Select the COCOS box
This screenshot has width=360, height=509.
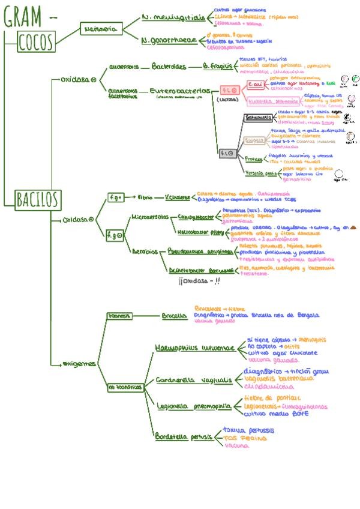click(x=36, y=42)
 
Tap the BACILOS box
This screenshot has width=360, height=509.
click(x=38, y=198)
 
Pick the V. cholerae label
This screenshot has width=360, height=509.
click(x=177, y=197)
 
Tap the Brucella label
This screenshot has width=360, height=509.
click(x=174, y=315)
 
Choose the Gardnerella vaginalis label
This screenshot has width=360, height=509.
click(x=193, y=380)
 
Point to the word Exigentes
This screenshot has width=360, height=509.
click(x=80, y=364)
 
